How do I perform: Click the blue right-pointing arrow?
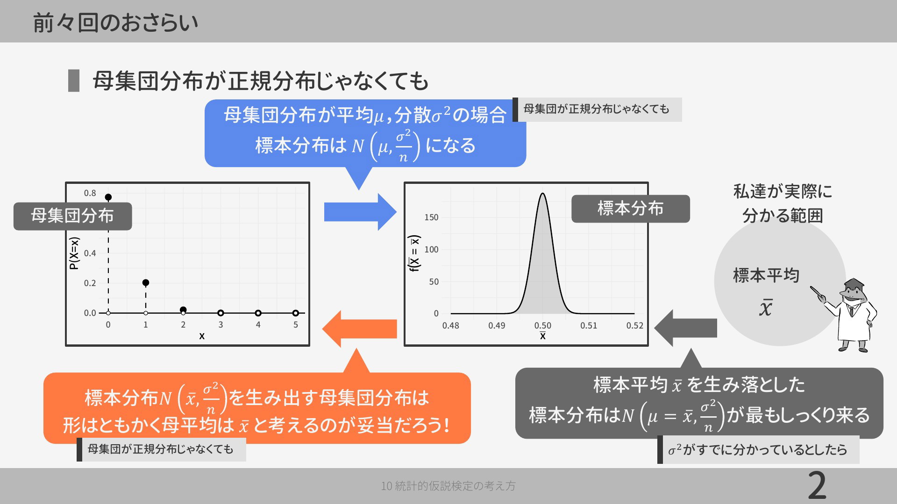pos(360,212)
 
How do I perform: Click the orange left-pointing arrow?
pos(359,329)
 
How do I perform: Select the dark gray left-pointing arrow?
pos(685,328)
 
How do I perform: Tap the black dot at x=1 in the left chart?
pos(146,283)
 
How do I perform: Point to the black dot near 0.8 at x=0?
pos(108,197)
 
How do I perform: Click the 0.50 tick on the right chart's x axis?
pos(543,325)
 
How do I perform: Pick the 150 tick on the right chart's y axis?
pos(431,217)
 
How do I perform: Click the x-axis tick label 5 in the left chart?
pos(296,324)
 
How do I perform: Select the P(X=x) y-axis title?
pos(74,253)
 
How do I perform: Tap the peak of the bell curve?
pos(542,193)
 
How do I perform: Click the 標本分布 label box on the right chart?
pos(631,209)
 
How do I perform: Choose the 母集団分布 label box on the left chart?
pos(72,216)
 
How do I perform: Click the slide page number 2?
pos(817,486)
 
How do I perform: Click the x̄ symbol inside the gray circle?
pos(765,307)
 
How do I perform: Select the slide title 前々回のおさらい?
pos(115,22)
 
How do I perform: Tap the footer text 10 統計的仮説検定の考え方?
pos(448,486)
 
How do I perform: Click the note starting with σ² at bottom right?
pos(758,449)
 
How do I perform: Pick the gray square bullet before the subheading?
pos(74,80)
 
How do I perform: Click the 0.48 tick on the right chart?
pos(451,325)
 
